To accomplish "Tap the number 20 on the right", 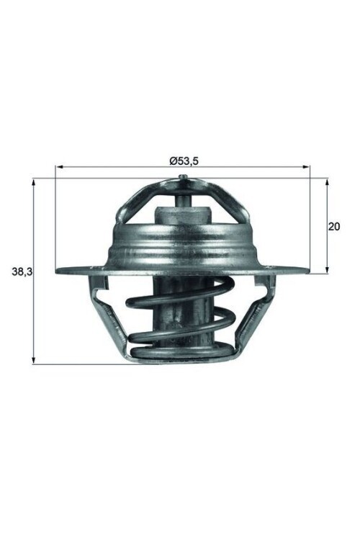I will pos(333,226).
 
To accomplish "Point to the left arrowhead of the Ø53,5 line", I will pos(60,168).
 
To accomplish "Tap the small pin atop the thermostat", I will pos(184,180).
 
